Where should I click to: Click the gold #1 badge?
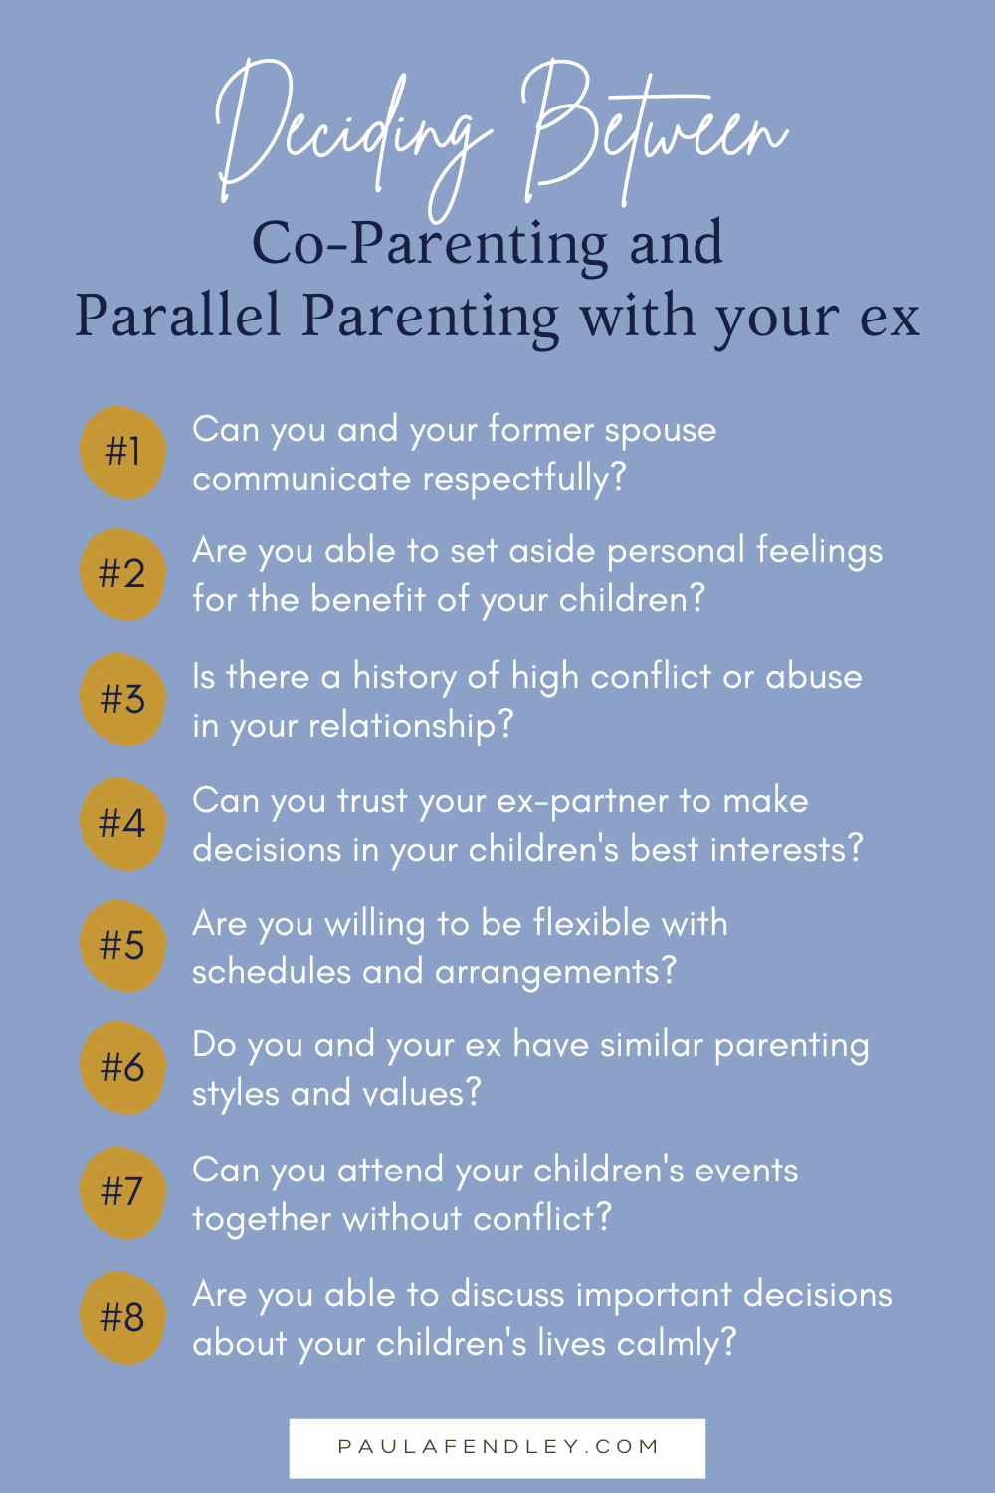click(x=122, y=453)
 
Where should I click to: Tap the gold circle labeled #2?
click(x=122, y=574)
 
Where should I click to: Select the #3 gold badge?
click(x=122, y=699)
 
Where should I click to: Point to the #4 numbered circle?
click(x=122, y=824)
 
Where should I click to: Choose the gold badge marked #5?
click(x=122, y=946)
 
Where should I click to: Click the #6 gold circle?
click(x=122, y=1068)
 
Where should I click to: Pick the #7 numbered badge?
click(x=122, y=1192)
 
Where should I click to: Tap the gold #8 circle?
click(x=122, y=1317)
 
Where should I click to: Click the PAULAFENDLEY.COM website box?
click(x=497, y=1448)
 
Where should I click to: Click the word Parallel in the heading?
click(x=177, y=315)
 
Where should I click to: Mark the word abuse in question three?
click(x=814, y=677)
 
